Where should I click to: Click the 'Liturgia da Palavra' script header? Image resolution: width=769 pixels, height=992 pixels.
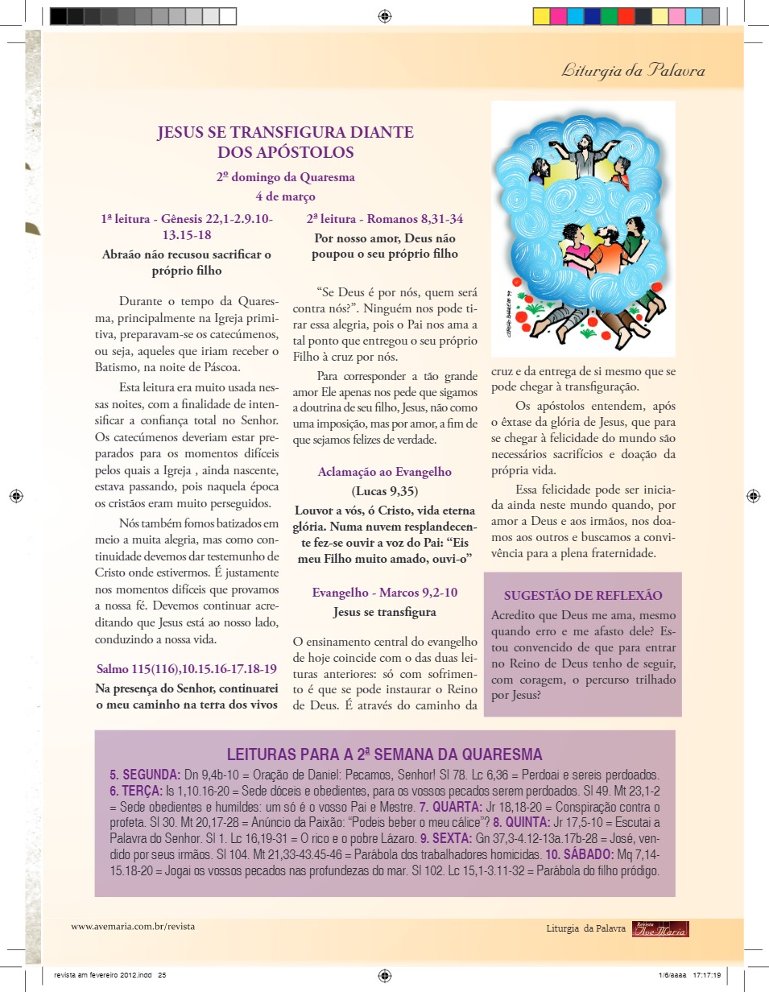point(633,71)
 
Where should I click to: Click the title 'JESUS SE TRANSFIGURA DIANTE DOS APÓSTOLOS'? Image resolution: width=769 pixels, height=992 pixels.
point(286,142)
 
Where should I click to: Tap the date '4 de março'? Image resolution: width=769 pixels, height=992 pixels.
point(285,196)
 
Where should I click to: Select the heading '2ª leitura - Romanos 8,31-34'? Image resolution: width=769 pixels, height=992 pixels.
point(385,218)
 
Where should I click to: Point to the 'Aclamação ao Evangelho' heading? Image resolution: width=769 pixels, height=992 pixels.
point(384,472)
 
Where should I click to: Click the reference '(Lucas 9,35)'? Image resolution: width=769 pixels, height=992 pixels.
point(385,491)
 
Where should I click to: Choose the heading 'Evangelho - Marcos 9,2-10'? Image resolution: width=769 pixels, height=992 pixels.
point(385,593)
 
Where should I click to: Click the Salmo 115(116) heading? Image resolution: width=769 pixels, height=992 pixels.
point(187,668)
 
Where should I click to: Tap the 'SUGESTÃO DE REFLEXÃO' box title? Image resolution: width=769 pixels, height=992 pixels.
point(583,596)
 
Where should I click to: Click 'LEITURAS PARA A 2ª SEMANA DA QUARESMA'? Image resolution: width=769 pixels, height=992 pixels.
point(385,754)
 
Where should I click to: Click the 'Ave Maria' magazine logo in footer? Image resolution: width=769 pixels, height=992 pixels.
point(660,929)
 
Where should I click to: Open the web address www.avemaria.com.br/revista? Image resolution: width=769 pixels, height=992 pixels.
point(133,926)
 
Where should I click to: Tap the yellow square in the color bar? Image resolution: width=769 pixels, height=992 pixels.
point(541,16)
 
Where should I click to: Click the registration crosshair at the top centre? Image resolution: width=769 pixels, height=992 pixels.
point(385,16)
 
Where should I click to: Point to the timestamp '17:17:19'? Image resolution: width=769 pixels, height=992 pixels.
point(706,973)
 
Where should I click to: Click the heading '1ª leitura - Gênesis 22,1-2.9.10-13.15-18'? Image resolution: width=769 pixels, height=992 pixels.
point(187,226)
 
